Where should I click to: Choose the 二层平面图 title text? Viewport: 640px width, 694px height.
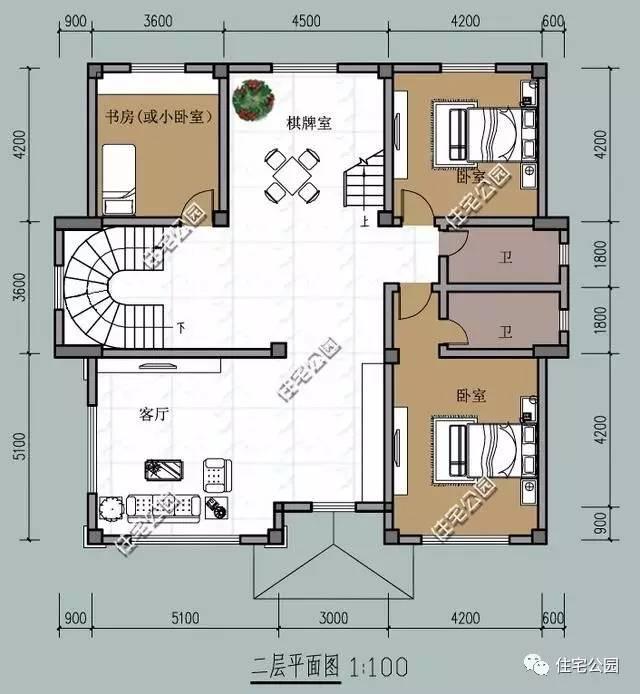(x=294, y=664)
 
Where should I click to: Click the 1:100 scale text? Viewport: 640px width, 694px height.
(x=377, y=664)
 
